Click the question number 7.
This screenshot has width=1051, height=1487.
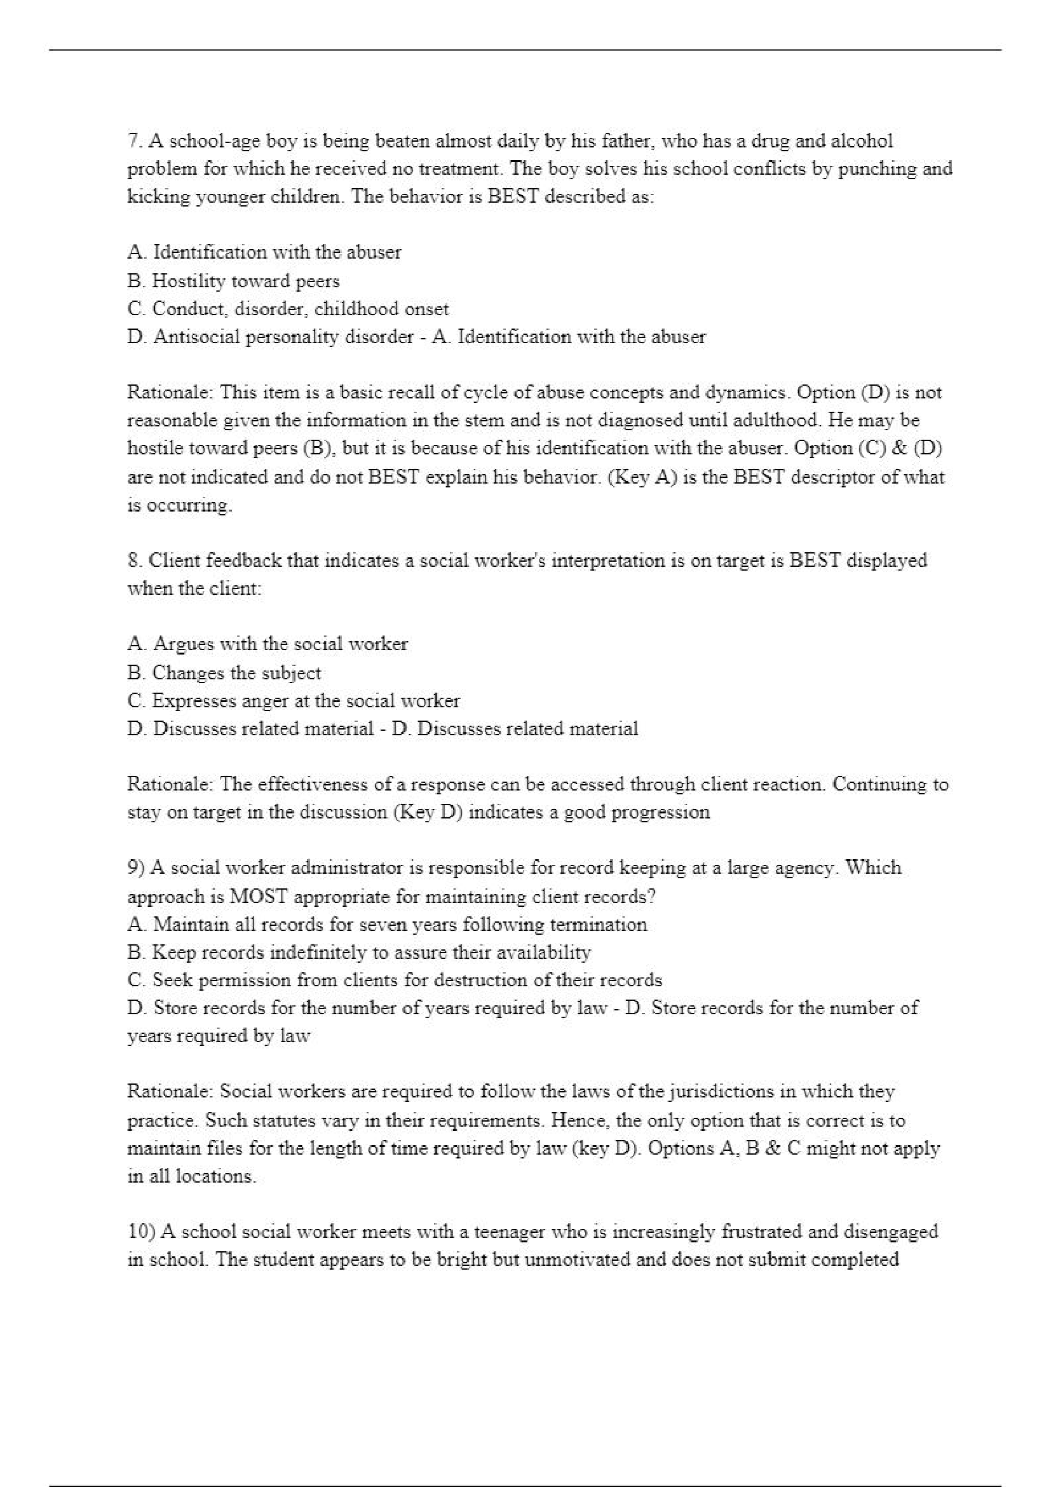coord(134,141)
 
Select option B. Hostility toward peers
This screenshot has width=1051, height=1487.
coord(233,281)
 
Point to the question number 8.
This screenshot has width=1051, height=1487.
coord(134,560)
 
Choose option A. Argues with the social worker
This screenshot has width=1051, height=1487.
coord(268,644)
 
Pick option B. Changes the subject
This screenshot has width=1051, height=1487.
coord(224,673)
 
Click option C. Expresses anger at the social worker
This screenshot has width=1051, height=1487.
coord(294,701)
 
